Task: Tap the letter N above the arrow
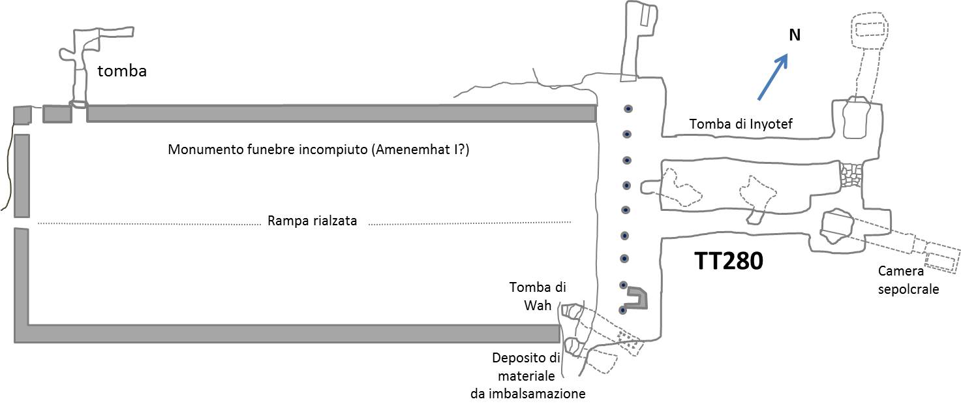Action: coord(794,35)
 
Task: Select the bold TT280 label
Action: coord(727,262)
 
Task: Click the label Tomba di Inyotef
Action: coord(740,124)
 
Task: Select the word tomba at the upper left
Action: coord(122,71)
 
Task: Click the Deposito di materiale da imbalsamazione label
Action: coord(528,375)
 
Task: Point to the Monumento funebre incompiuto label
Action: coord(319,150)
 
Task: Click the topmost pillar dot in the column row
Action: coord(628,109)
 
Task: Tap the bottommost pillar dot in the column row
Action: coord(623,309)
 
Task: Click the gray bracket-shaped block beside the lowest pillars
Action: coord(637,299)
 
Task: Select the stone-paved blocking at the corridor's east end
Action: coord(851,174)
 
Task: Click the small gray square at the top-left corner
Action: coord(22,115)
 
